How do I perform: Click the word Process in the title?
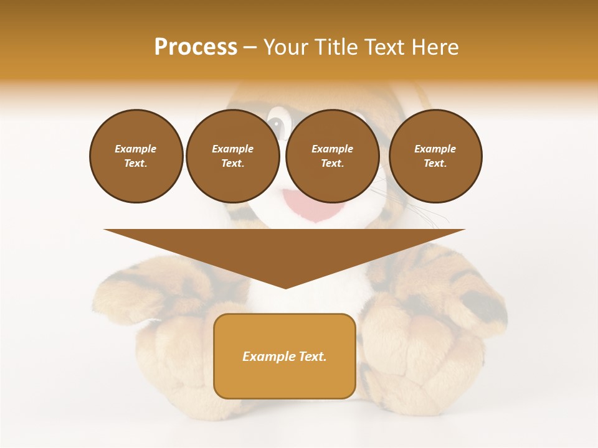click(x=196, y=47)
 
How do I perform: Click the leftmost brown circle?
click(x=136, y=156)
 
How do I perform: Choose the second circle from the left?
click(x=233, y=156)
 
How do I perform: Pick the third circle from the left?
click(x=333, y=156)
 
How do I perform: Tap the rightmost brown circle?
click(x=435, y=156)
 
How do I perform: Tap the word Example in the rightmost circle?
click(x=435, y=149)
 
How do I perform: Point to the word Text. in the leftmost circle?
click(x=136, y=164)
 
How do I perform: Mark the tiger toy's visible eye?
click(x=276, y=124)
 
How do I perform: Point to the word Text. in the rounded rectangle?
click(x=311, y=357)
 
